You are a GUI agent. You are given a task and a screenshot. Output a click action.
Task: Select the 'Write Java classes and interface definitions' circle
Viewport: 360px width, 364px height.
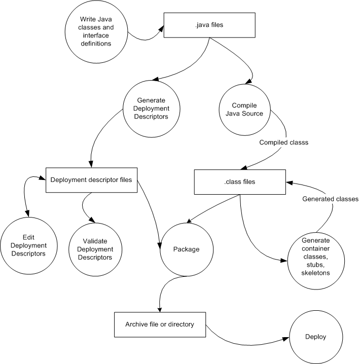[x=96, y=31]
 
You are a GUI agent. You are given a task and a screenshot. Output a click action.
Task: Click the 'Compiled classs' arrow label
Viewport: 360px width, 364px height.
[x=283, y=143]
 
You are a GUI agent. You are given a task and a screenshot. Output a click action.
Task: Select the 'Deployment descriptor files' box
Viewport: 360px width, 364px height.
[x=92, y=179]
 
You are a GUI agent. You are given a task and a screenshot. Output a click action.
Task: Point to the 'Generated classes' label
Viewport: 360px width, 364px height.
[x=331, y=199]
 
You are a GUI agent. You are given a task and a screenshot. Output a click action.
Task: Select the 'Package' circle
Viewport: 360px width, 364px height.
[x=185, y=249]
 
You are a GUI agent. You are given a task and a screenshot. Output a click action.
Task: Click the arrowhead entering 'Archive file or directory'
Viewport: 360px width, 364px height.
[x=160, y=309]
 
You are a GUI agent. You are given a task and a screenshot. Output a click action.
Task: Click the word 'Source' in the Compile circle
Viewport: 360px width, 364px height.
[x=252, y=114]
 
